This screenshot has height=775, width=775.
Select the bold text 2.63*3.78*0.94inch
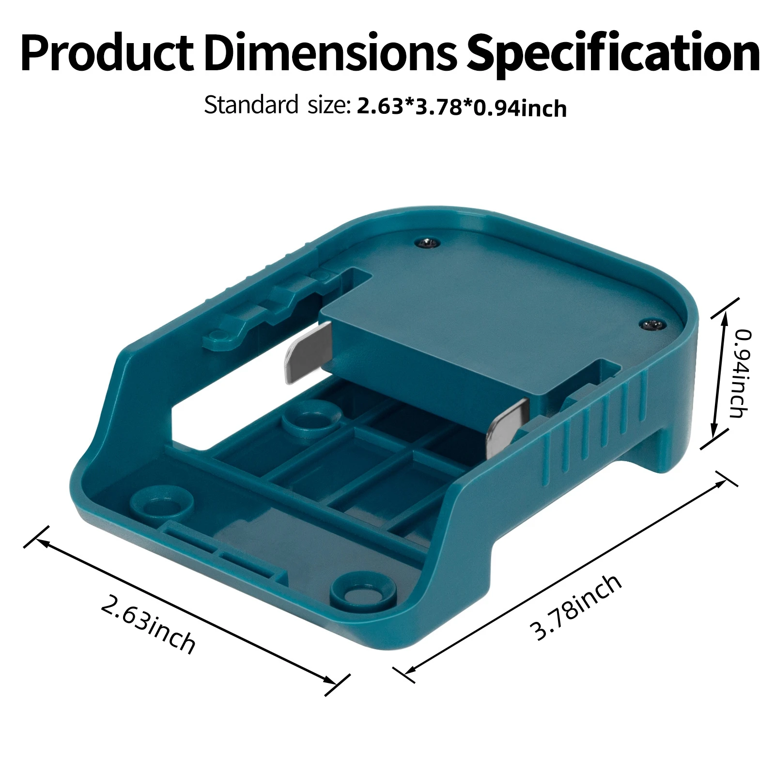461,108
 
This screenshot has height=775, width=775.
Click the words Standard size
276,105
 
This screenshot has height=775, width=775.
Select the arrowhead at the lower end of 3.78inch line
408,671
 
